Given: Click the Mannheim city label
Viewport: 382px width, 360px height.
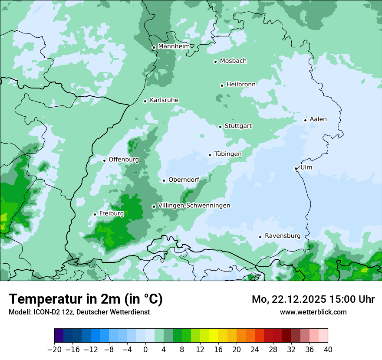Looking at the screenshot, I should (x=174, y=46).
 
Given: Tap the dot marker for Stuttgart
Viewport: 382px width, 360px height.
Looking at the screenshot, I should (x=220, y=127).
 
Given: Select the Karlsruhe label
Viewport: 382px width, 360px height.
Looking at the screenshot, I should (x=164, y=100).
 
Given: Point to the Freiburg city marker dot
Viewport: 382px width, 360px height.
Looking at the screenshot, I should (x=95, y=214).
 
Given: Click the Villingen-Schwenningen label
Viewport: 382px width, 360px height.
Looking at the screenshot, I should (x=194, y=206).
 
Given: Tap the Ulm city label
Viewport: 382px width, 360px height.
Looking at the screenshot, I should (x=306, y=167).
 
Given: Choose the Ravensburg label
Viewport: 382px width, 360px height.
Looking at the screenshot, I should (x=283, y=236).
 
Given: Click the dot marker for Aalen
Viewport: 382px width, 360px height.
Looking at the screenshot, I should (x=305, y=120).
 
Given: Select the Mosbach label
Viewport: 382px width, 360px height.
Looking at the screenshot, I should (x=233, y=61).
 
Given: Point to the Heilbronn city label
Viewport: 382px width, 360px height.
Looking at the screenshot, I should (x=241, y=85).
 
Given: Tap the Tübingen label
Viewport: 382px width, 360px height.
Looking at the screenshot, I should (x=228, y=154).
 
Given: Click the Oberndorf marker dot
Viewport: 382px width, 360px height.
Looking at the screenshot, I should (x=164, y=180).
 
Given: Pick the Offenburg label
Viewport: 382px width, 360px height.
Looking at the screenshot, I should (x=124, y=160).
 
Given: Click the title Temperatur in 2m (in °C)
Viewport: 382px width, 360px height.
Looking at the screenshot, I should (x=86, y=299).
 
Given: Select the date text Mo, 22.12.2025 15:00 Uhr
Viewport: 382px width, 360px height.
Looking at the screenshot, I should (x=313, y=299).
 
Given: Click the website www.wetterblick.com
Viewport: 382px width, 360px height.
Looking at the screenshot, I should (x=313, y=312).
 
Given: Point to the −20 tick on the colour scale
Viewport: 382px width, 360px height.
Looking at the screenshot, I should (x=55, y=349).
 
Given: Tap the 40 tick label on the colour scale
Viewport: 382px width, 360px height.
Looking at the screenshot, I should (x=328, y=349).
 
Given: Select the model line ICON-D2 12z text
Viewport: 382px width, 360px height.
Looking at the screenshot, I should (x=79, y=312).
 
